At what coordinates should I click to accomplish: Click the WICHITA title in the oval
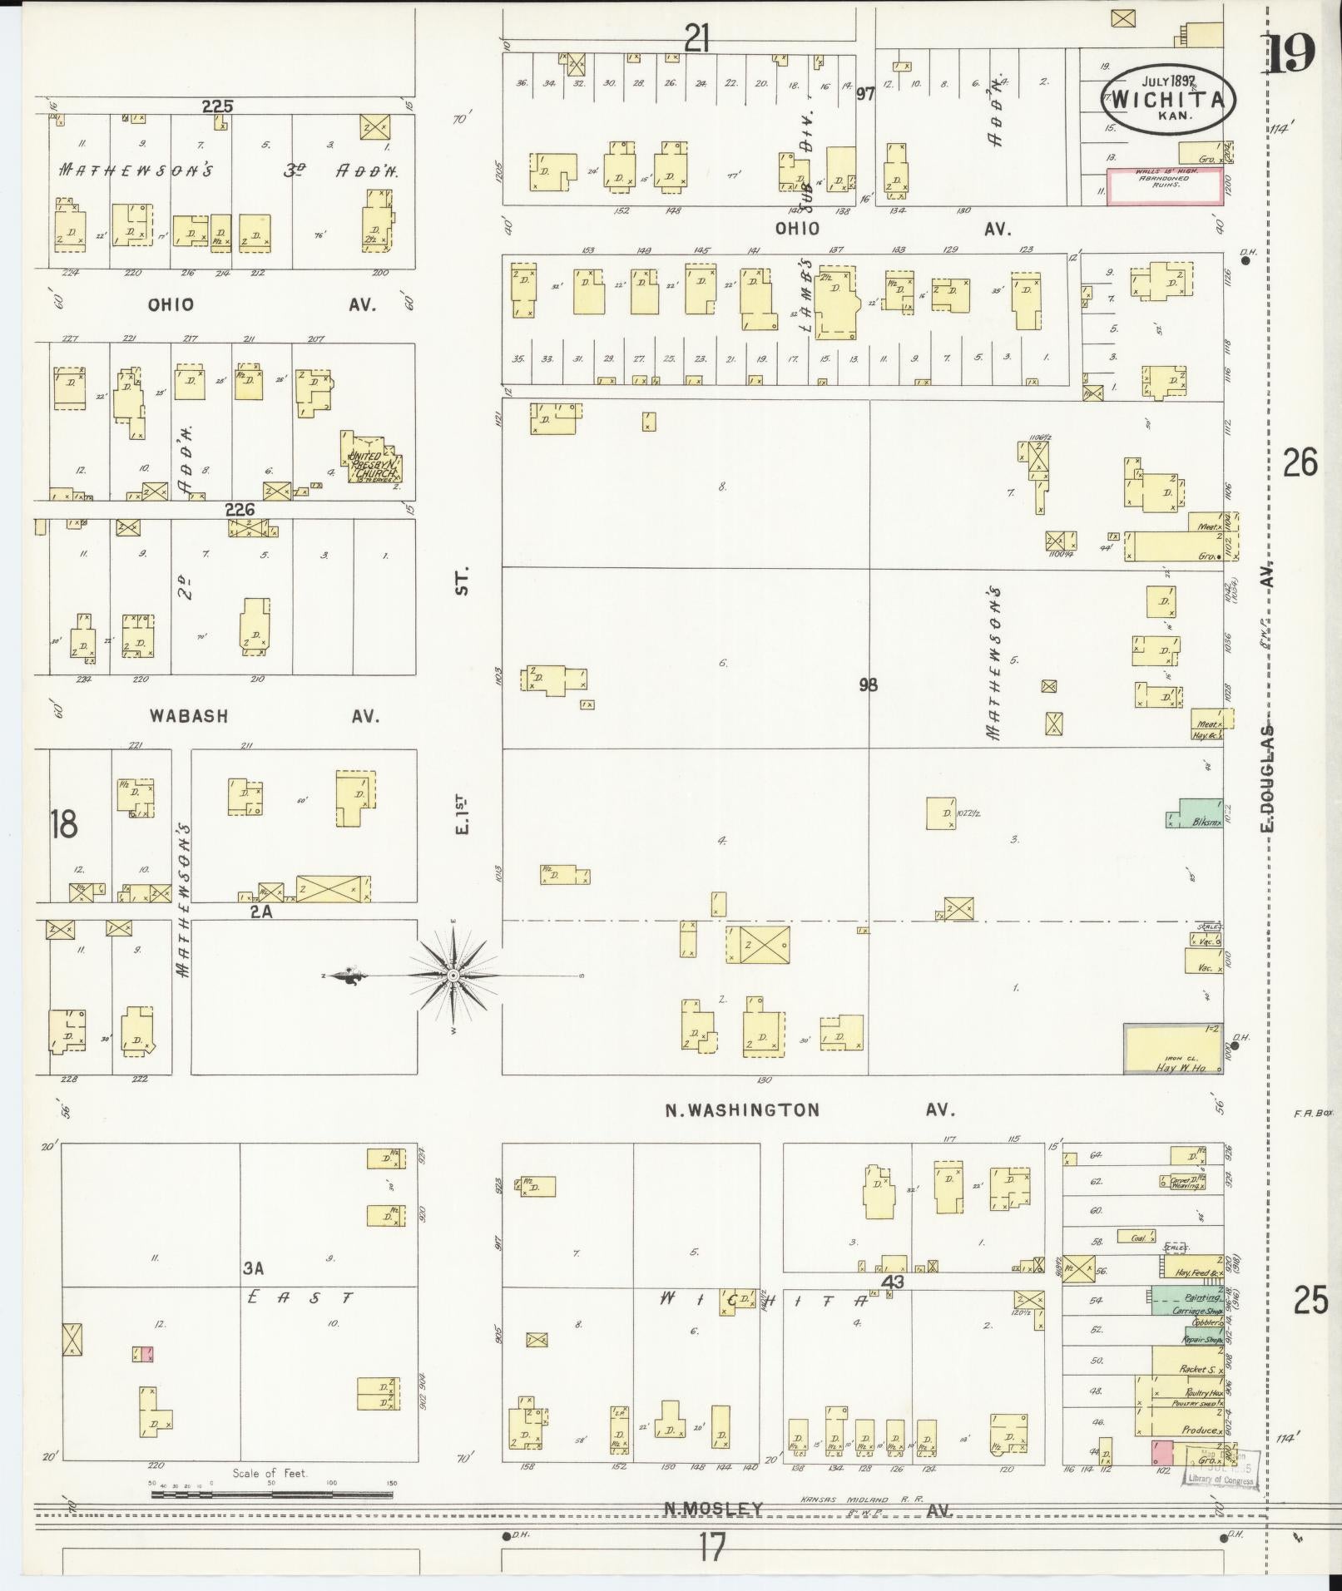tap(1167, 99)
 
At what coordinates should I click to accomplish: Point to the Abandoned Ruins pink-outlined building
tap(1164, 186)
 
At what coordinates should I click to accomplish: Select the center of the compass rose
tap(453, 975)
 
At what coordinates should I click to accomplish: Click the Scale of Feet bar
tap(271, 1495)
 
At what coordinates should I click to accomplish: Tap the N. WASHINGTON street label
tap(742, 1109)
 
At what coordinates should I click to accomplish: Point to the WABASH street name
tap(188, 715)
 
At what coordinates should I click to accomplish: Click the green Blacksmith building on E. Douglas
tap(1195, 813)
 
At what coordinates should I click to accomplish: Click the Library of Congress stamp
tap(1221, 1470)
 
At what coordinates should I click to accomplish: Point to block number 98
tap(868, 684)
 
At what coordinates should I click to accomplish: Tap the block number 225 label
tap(217, 106)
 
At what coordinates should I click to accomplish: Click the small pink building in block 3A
tap(142, 1354)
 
